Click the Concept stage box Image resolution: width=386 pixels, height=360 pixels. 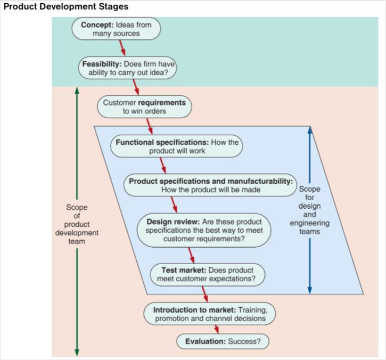[116, 29]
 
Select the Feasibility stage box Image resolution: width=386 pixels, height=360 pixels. [128, 69]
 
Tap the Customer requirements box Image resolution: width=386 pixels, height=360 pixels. [144, 107]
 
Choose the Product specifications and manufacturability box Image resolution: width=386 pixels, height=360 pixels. [211, 185]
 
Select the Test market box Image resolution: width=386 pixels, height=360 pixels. [206, 274]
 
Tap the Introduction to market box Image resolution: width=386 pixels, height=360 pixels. [210, 314]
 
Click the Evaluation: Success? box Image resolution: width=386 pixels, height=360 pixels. [223, 341]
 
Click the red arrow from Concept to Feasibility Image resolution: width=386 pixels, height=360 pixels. [123, 48]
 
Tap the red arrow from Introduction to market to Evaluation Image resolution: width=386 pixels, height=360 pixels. [216, 329]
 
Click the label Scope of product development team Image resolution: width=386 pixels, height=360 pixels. [77, 224]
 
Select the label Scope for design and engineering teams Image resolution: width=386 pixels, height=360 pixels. [310, 210]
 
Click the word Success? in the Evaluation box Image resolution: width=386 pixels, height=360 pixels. [244, 341]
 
